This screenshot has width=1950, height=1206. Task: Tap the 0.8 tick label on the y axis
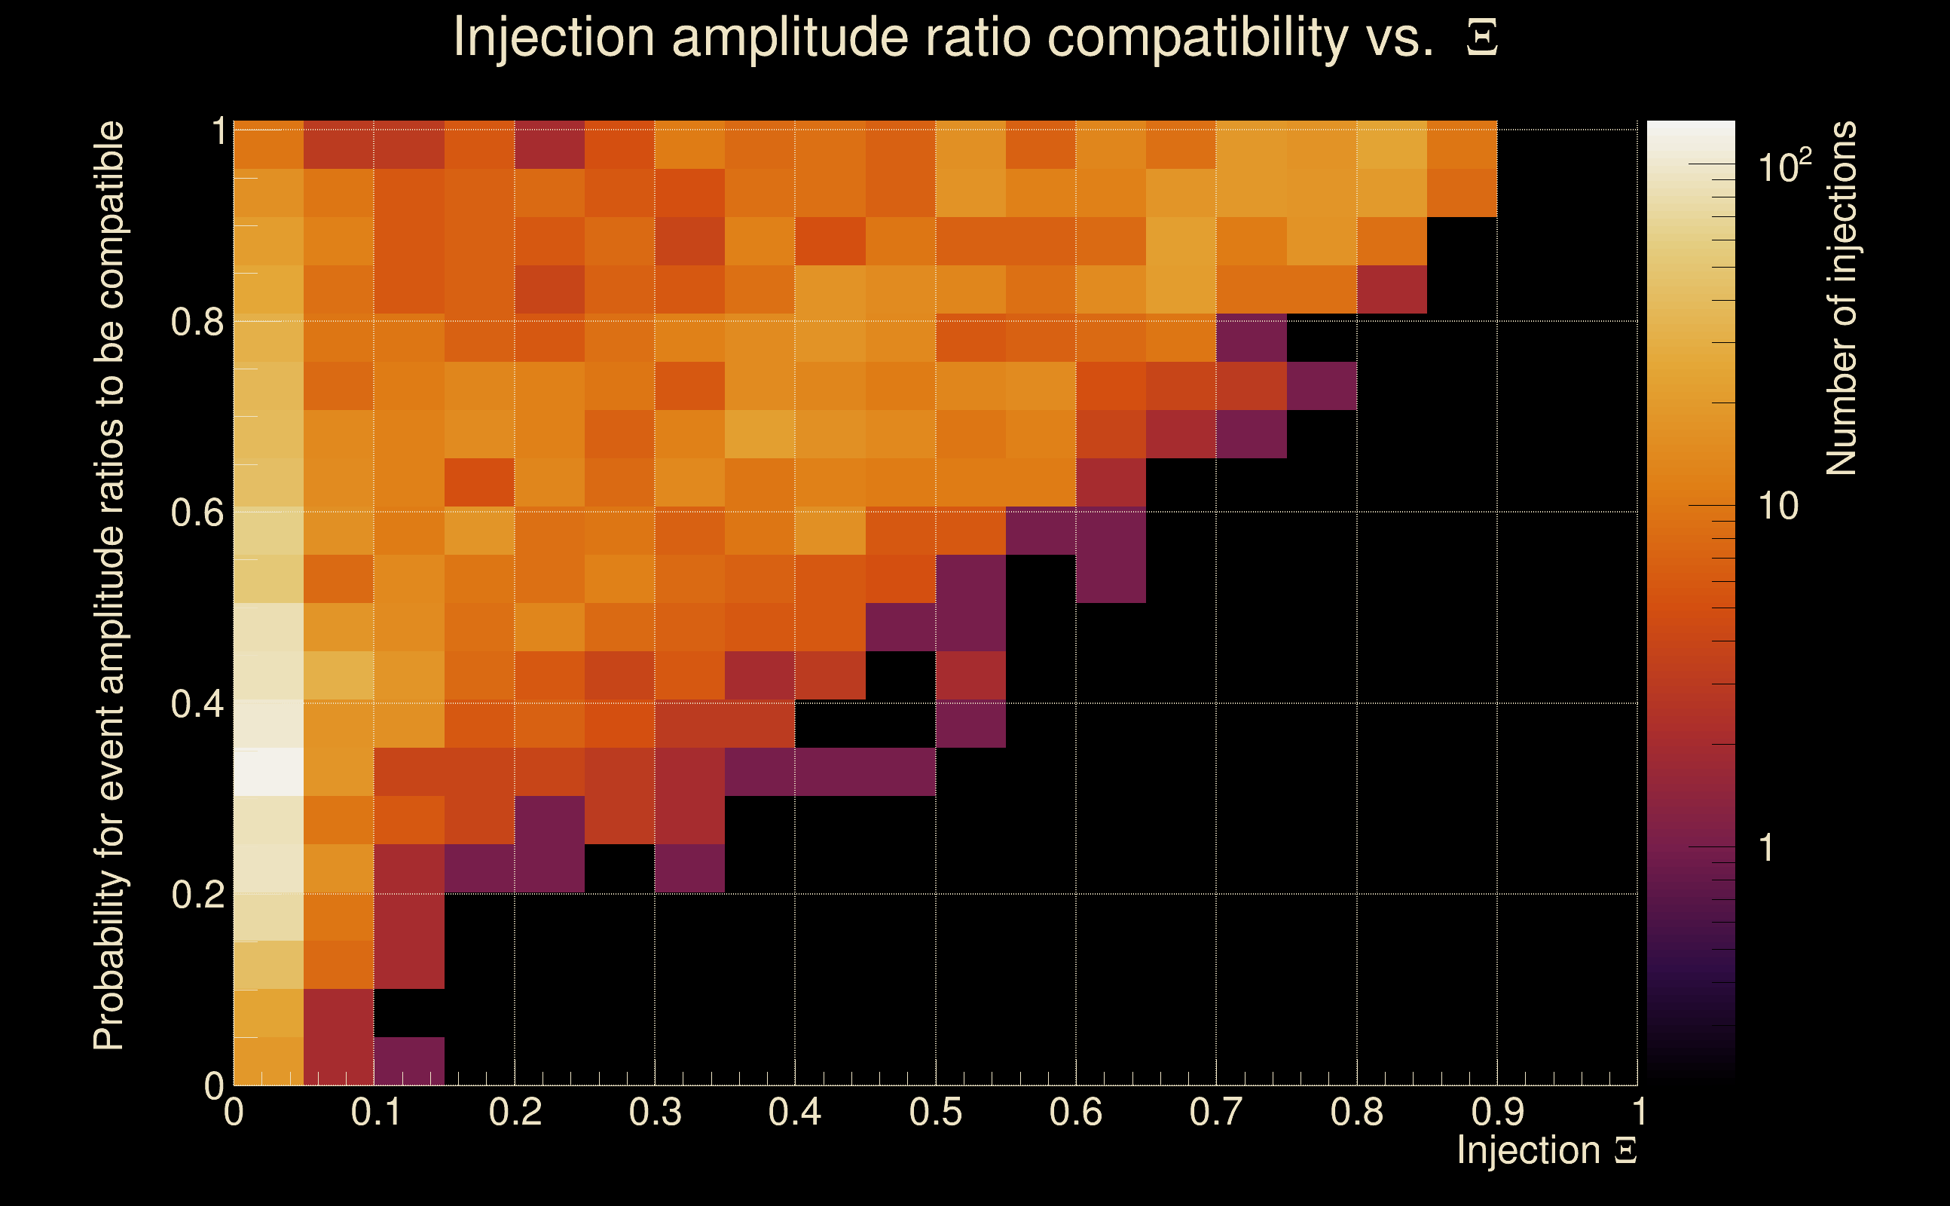click(x=197, y=323)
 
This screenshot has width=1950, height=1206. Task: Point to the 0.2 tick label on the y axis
click(x=197, y=895)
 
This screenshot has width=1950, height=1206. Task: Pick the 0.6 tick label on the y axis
click(x=197, y=512)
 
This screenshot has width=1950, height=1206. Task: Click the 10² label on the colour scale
click(x=1784, y=166)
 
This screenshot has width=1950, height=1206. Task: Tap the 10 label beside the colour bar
click(x=1777, y=506)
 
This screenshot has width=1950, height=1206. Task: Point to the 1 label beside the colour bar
click(x=1767, y=848)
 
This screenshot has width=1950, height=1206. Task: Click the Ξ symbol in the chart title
click(x=1482, y=38)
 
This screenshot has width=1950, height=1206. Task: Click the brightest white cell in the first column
click(x=269, y=771)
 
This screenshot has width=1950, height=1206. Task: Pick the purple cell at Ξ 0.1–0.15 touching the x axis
click(x=409, y=1061)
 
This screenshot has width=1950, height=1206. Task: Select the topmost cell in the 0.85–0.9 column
click(x=1462, y=145)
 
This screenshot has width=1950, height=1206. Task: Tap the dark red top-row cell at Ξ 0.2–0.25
click(x=549, y=145)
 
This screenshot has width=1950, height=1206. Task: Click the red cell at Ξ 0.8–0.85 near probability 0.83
click(x=1392, y=289)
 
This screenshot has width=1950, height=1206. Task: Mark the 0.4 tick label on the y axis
click(x=197, y=703)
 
